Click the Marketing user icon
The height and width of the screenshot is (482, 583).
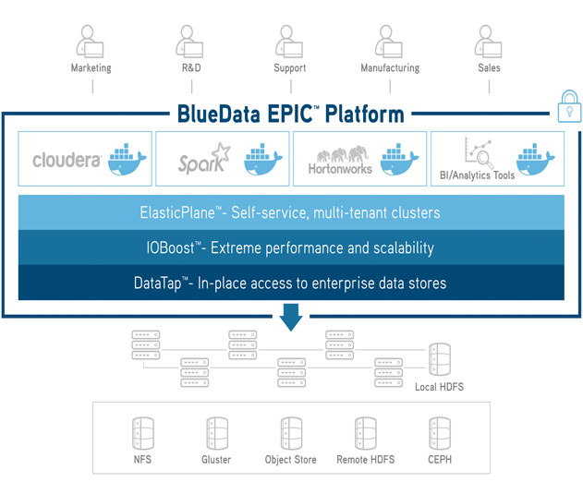(x=90, y=42)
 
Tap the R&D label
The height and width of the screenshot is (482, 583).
(x=191, y=68)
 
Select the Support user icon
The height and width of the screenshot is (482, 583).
(x=289, y=42)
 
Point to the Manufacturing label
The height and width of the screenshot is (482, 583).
(x=390, y=68)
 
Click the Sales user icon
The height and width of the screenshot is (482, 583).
(x=488, y=42)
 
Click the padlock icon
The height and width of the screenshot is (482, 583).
(x=569, y=106)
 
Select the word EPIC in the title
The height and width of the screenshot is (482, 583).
(x=290, y=114)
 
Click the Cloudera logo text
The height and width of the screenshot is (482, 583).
(x=67, y=160)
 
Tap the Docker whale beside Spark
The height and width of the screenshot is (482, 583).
(x=263, y=159)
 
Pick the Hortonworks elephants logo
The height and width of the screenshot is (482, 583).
(x=343, y=153)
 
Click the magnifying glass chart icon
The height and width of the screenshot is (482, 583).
(x=480, y=152)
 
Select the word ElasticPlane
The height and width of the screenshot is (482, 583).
(x=177, y=213)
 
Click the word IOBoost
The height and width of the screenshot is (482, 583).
(x=170, y=247)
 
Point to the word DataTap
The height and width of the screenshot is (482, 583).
(x=158, y=283)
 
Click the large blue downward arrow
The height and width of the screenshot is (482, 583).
(x=291, y=317)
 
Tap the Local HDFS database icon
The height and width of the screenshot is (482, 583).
(x=440, y=359)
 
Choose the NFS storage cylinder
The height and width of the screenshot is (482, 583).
(x=143, y=433)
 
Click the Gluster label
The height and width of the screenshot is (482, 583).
(x=216, y=460)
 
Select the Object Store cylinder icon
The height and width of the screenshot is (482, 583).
(x=291, y=433)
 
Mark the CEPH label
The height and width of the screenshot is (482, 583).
(x=440, y=460)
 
